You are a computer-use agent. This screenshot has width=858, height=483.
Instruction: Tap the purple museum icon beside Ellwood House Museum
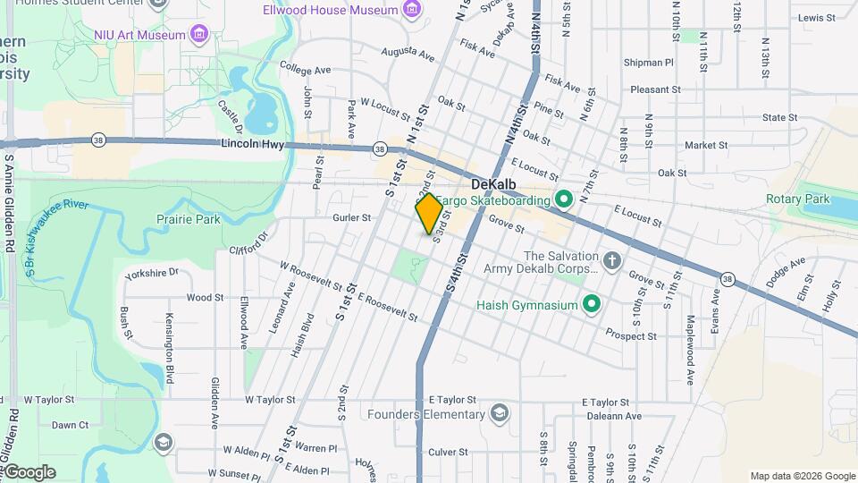coord(412,10)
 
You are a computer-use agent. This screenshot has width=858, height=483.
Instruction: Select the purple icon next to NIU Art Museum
coord(199,35)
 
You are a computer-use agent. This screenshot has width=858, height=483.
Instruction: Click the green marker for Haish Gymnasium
coord(591,305)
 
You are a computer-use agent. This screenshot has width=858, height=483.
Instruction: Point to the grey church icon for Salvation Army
coord(611,261)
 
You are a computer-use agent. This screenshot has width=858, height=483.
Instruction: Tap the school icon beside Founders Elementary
coord(499,413)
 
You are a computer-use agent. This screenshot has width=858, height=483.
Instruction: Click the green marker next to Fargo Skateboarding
coord(564,199)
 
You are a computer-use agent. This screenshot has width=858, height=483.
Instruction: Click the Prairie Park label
coord(189,218)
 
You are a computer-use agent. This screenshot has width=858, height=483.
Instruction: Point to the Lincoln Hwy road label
coord(251,143)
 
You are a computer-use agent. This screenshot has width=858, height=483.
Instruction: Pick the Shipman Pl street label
coord(650,63)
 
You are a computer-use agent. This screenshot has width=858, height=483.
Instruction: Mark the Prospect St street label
coord(631,336)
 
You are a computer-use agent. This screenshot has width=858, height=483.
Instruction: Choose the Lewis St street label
coord(816,17)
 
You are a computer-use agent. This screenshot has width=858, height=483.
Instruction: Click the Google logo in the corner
coord(29,472)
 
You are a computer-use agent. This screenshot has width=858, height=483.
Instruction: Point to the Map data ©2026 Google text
coord(802,476)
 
